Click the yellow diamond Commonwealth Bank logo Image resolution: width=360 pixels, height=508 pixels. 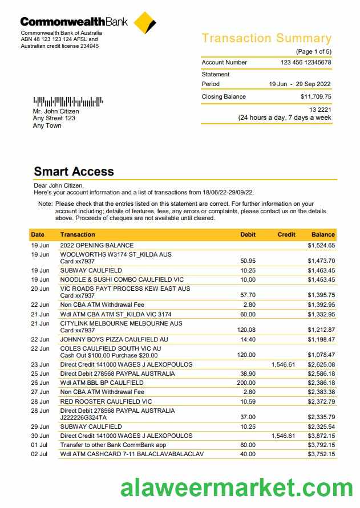tap(144, 23)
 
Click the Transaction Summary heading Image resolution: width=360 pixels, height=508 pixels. tap(266, 38)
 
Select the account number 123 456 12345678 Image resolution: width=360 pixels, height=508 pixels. tap(306, 62)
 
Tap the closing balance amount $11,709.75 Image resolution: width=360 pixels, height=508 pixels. tap(315, 96)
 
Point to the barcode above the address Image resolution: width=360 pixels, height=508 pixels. tap(68, 102)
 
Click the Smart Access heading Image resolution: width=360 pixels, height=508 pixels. tap(74, 171)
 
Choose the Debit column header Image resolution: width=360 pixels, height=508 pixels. tap(248, 234)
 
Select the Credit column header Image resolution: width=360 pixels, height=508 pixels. tap(286, 234)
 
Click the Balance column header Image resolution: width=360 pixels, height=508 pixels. tap(323, 234)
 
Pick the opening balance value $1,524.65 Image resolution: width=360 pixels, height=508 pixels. tap(321, 245)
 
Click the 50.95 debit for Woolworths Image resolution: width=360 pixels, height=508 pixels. tap(248, 261)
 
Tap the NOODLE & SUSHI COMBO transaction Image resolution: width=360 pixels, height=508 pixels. tap(122, 279)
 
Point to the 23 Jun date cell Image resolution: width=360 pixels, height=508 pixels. tap(40, 364)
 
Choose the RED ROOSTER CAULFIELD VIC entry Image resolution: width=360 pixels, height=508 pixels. tap(106, 401)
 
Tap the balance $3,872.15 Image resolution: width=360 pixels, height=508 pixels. tap(321, 436)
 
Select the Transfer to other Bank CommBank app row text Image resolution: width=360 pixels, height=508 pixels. tap(113, 445)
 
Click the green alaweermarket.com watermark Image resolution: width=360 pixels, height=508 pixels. tap(236, 488)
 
